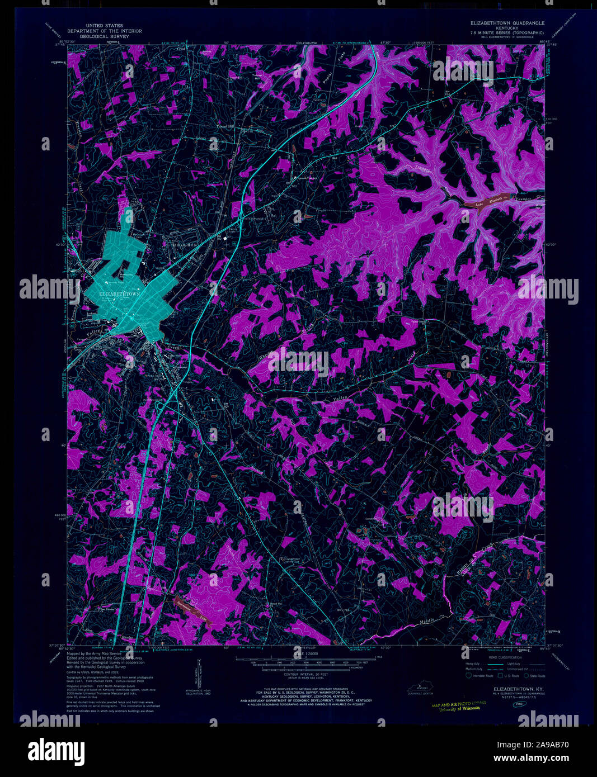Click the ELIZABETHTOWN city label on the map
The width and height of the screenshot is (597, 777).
[118, 293]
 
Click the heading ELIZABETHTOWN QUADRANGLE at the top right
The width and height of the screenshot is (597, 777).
[506, 24]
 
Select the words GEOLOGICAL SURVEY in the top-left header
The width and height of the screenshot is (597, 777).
[104, 36]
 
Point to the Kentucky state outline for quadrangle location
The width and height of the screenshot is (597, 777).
[422, 686]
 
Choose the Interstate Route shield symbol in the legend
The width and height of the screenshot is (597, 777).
[469, 675]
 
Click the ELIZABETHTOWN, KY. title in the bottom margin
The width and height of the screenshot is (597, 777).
[513, 690]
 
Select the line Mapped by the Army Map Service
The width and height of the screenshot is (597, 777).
[93, 653]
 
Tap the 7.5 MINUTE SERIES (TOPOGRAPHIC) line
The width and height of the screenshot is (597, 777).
[506, 33]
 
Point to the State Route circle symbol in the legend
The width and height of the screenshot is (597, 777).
[527, 675]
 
